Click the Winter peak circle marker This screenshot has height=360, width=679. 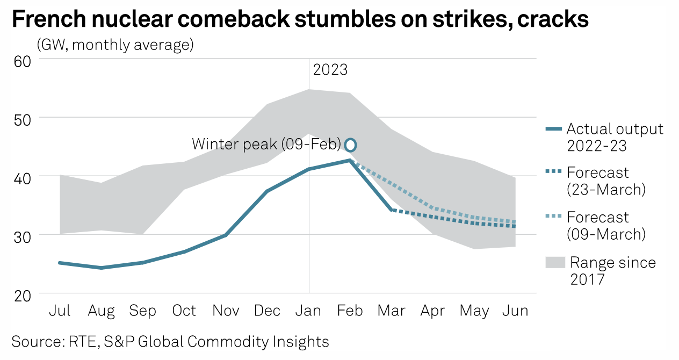(x=350, y=145)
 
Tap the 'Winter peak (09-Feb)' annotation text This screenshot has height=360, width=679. (x=266, y=145)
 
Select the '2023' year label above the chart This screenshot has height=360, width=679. (x=330, y=70)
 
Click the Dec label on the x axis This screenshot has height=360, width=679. (x=267, y=311)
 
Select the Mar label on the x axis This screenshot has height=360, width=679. (x=391, y=311)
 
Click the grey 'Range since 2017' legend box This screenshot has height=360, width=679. (x=555, y=263)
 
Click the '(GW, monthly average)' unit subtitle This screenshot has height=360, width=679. (x=115, y=45)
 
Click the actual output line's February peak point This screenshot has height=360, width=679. (x=350, y=160)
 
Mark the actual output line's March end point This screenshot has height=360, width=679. (x=392, y=210)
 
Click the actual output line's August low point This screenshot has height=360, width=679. (x=101, y=268)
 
